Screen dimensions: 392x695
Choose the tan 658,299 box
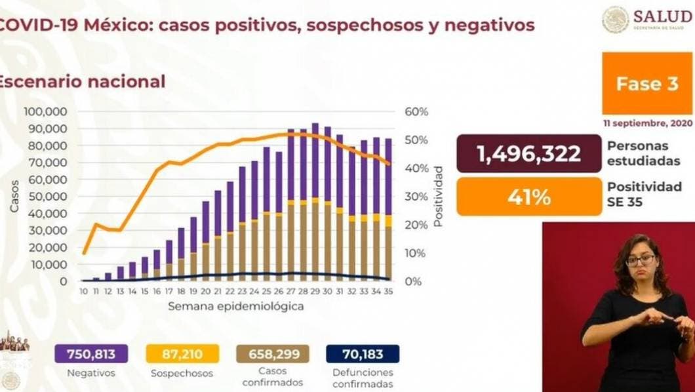(x=271, y=355)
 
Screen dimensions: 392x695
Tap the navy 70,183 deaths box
(x=362, y=355)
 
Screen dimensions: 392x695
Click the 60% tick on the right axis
(x=416, y=111)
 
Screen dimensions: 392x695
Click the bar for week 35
(x=388, y=210)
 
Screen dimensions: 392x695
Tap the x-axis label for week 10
(x=84, y=292)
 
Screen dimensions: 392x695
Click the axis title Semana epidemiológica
(x=235, y=306)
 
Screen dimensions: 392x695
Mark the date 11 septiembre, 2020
(x=646, y=124)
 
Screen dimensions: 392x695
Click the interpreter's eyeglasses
(x=640, y=260)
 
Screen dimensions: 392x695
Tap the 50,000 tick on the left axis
(x=48, y=196)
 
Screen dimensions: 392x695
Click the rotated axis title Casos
(x=14, y=196)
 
